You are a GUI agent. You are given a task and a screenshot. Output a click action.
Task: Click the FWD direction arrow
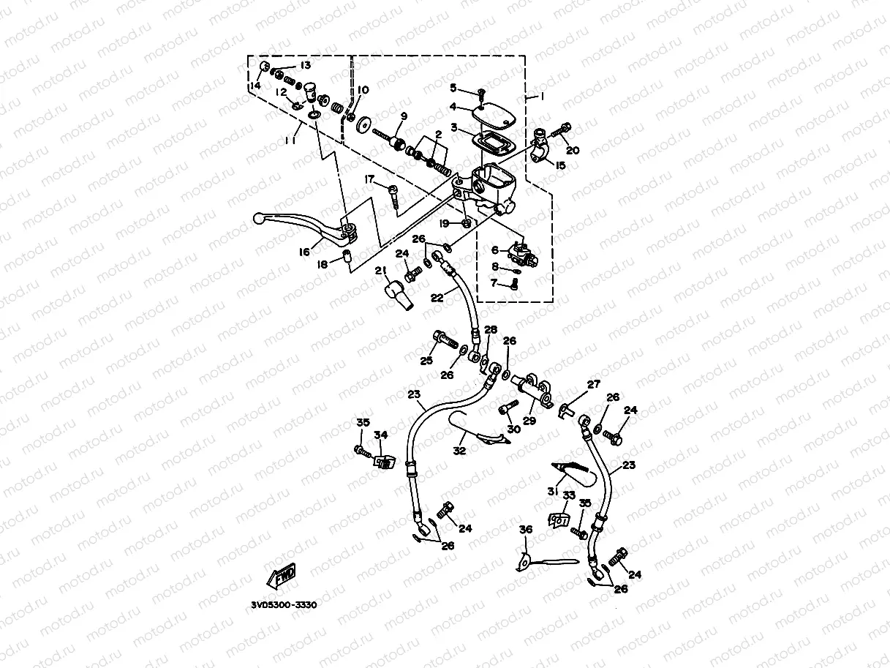coord(281,576)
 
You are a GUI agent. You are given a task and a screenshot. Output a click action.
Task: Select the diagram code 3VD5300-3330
coord(284,605)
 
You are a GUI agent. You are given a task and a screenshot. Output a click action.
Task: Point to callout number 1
coord(541,97)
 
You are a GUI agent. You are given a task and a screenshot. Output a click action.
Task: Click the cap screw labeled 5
coord(482,94)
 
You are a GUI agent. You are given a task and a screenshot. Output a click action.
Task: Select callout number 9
coord(404,116)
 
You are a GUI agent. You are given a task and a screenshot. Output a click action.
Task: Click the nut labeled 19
coord(467,223)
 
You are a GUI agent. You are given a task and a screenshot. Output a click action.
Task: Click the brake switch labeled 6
coord(523,255)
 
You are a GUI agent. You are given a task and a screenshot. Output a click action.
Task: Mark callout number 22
coord(437,298)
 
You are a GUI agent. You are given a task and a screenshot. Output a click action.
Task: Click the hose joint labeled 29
coord(531,391)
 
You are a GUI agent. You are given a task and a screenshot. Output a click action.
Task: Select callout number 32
coord(459,451)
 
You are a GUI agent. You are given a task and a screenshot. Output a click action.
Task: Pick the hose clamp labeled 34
coord(384,462)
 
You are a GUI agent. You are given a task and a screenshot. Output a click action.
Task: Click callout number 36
coord(526,530)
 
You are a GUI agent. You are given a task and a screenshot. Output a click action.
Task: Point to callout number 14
coord(255,86)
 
